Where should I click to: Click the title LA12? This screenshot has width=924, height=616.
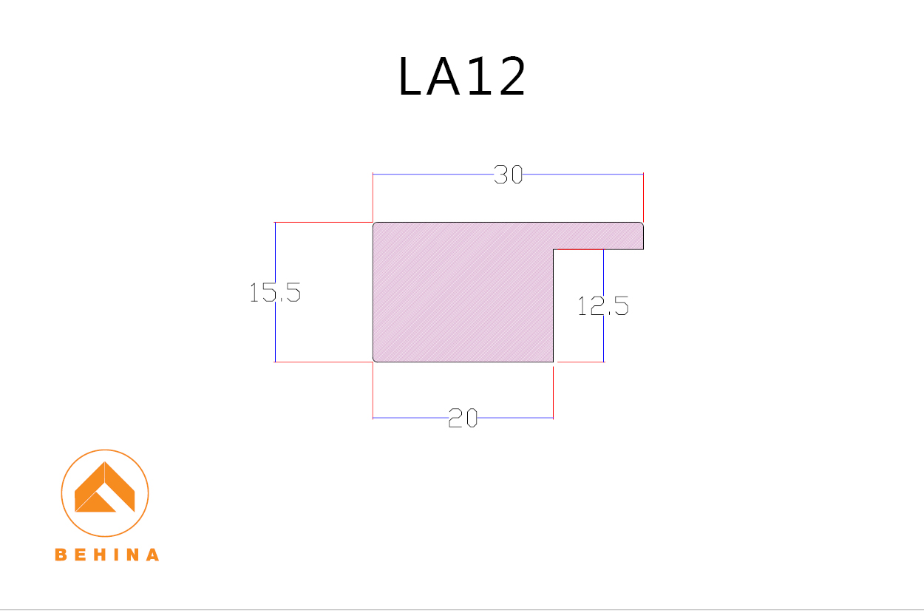click(x=462, y=77)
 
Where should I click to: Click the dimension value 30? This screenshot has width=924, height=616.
click(x=508, y=175)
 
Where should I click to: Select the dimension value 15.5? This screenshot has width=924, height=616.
click(x=275, y=293)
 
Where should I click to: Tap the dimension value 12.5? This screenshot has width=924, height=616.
click(x=602, y=305)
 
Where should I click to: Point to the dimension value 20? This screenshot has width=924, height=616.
click(x=463, y=419)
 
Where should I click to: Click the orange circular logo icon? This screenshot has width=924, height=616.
click(x=105, y=493)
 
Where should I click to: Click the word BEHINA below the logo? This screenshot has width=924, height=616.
click(x=107, y=555)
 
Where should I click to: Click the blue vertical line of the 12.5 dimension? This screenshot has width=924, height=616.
click(x=603, y=340)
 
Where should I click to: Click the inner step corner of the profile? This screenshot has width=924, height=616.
click(x=554, y=250)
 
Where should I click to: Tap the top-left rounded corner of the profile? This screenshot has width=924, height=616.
click(x=375, y=224)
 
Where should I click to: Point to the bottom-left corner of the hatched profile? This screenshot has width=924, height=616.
click(x=375, y=360)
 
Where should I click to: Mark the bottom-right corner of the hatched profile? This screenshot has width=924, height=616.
click(x=552, y=361)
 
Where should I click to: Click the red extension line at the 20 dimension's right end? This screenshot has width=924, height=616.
click(x=553, y=392)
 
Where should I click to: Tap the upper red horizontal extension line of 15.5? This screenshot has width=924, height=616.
click(x=322, y=222)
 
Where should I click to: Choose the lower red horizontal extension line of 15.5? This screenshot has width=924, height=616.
click(x=322, y=362)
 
